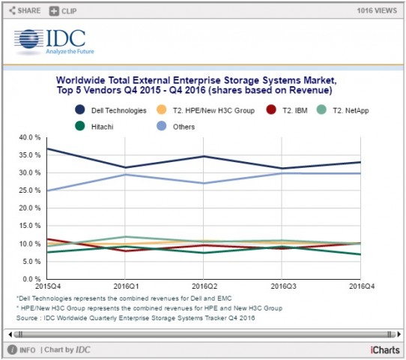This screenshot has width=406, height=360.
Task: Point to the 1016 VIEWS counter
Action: (376, 10)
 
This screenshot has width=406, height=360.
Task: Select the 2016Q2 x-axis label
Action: (204, 286)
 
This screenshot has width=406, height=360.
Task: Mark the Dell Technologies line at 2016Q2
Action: (204, 156)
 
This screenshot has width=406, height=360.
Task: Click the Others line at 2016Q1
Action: (126, 174)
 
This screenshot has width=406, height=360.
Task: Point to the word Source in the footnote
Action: (28, 318)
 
